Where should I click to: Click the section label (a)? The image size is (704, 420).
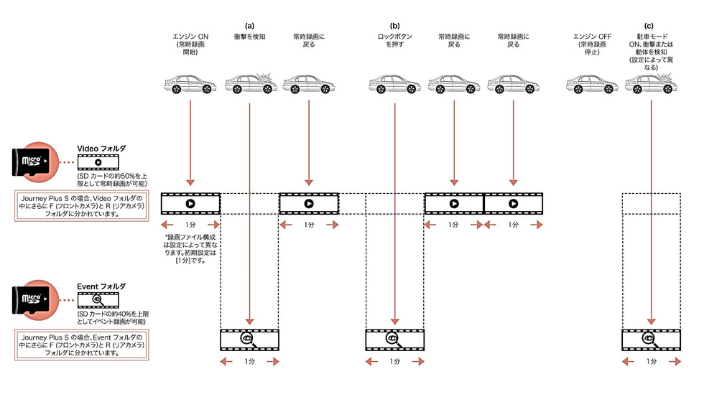click(249, 25)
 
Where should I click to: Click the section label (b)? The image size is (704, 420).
click(394, 25)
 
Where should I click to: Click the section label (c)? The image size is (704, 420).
click(650, 25)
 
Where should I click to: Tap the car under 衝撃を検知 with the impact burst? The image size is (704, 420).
click(250, 85)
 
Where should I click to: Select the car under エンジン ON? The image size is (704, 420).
click(190, 85)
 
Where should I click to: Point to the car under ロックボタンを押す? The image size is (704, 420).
click(394, 85)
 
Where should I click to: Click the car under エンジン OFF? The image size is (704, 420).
click(592, 85)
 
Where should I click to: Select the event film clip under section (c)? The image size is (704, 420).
click(651, 339)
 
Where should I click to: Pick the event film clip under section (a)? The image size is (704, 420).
click(249, 339)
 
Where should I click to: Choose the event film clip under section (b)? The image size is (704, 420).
click(394, 339)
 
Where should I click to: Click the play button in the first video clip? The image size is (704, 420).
click(190, 204)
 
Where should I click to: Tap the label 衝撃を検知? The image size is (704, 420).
click(249, 36)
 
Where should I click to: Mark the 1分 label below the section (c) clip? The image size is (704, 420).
click(651, 362)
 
